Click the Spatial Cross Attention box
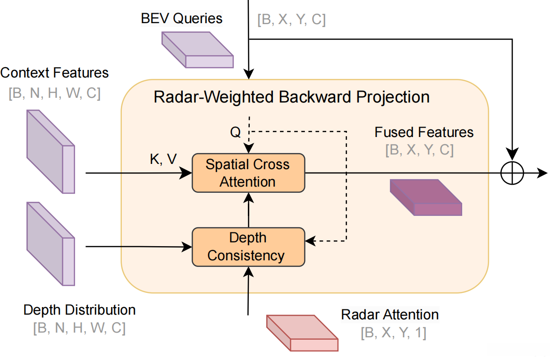tap(248, 172)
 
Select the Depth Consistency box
tap(248, 246)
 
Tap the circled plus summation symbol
tap(512, 173)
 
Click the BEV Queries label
tap(181, 19)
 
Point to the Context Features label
tap(54, 73)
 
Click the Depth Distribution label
tap(79, 310)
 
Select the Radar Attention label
tap(390, 315)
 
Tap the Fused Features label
tap(424, 132)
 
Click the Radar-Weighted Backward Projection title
tap(291, 97)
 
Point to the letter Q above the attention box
tap(235, 133)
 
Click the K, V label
tap(163, 159)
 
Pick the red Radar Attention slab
tap(302, 333)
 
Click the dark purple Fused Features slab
tap(425, 197)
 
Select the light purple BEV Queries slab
tap(197, 50)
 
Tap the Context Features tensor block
tap(51, 151)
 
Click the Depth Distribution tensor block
tap(51, 243)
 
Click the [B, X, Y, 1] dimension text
tap(393, 333)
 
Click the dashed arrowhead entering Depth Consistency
tap(310, 241)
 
